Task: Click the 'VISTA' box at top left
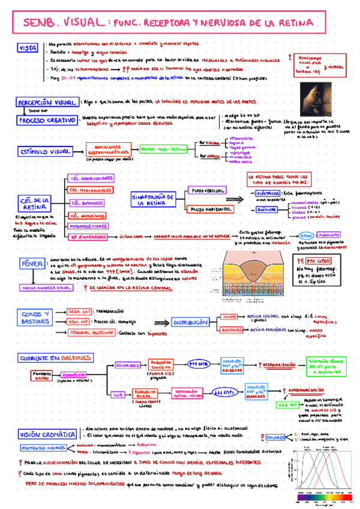pos(28,47)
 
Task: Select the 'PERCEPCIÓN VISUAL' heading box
pos(47,103)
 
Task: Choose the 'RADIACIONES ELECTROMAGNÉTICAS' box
pos(110,149)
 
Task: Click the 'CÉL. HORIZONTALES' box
pos(88,190)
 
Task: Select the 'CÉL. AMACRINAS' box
pos(86,215)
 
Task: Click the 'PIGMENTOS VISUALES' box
pos(46,448)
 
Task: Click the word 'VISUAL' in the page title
pos(79,23)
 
